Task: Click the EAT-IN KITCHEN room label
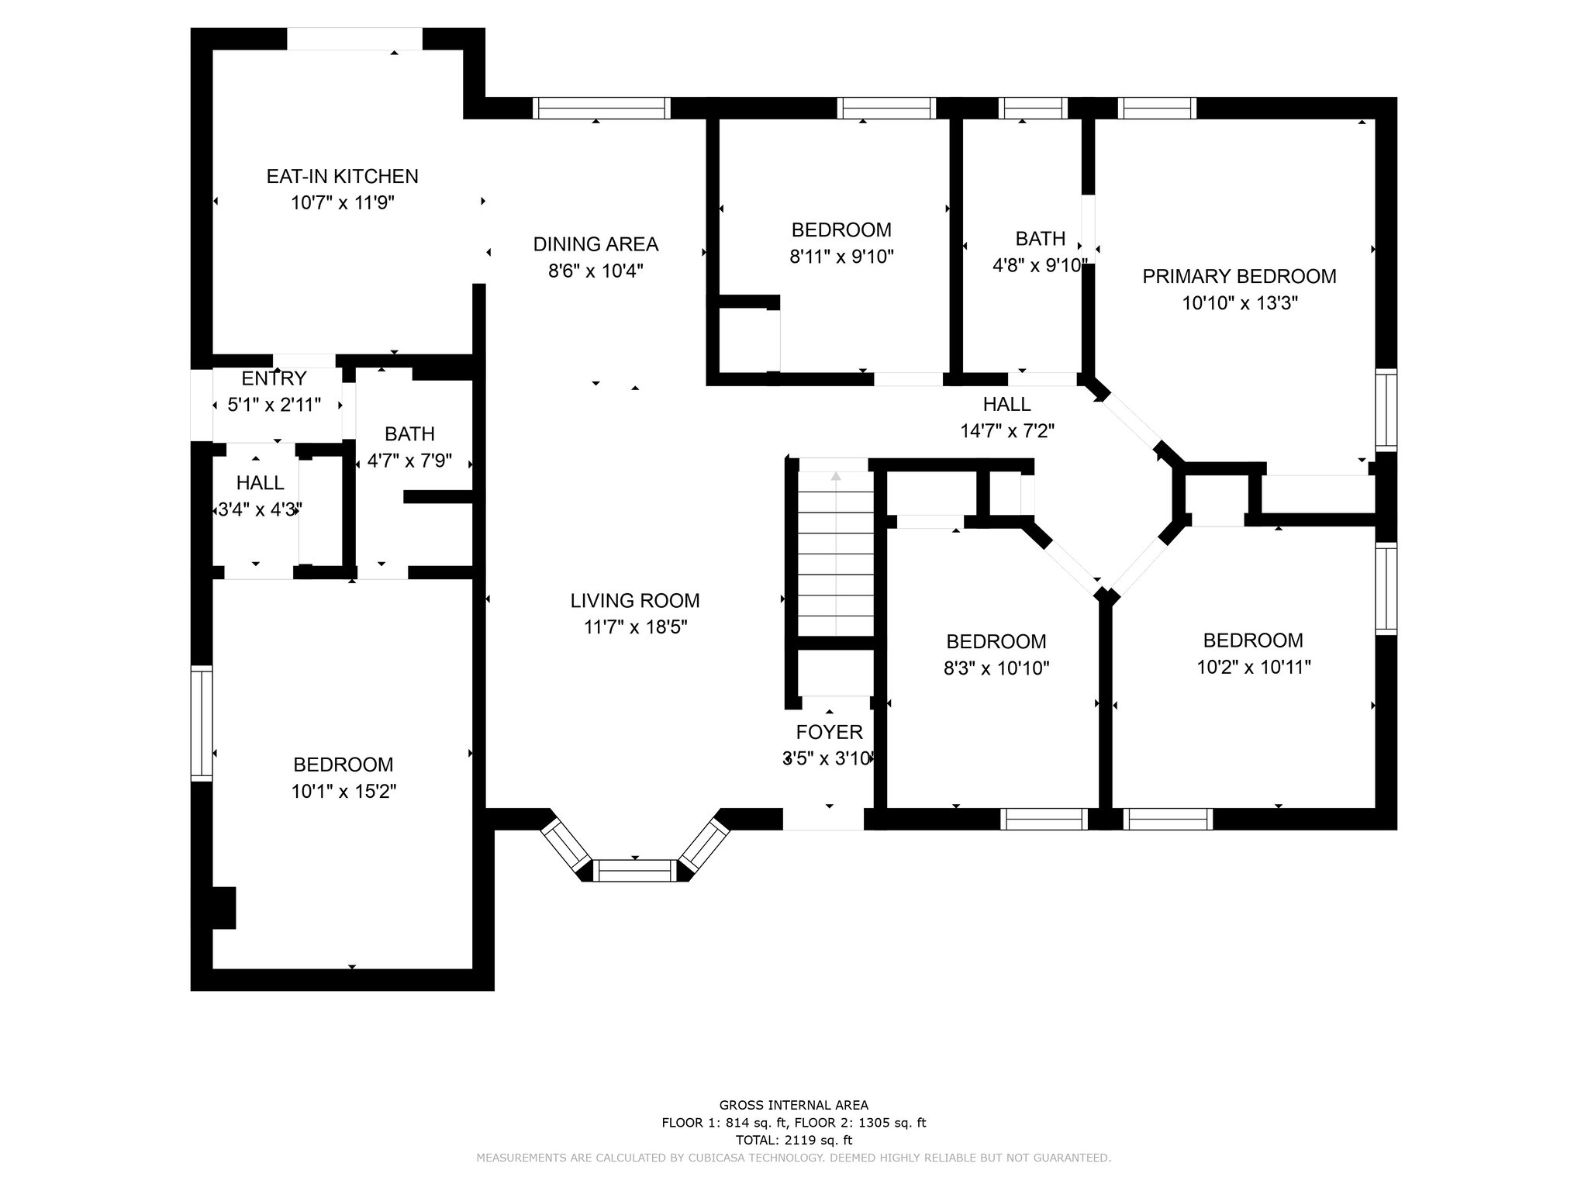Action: click(x=342, y=176)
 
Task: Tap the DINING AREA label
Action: click(x=595, y=244)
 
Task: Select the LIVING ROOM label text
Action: click(x=635, y=600)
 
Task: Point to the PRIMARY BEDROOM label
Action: click(x=1239, y=276)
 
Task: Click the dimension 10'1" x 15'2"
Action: click(x=343, y=792)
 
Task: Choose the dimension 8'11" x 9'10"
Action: click(x=841, y=257)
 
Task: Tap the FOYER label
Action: click(x=829, y=732)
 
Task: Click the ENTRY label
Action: click(x=274, y=378)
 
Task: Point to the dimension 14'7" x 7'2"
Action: click(x=1007, y=430)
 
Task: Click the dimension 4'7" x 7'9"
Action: click(x=409, y=461)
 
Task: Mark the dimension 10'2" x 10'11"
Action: click(x=1253, y=667)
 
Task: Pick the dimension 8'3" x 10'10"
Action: click(x=996, y=668)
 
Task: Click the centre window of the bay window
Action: click(x=635, y=871)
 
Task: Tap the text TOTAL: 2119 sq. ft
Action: click(x=793, y=1141)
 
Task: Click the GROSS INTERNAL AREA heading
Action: click(x=793, y=1106)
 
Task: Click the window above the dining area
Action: click(x=601, y=108)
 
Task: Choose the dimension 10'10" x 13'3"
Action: click(x=1240, y=303)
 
